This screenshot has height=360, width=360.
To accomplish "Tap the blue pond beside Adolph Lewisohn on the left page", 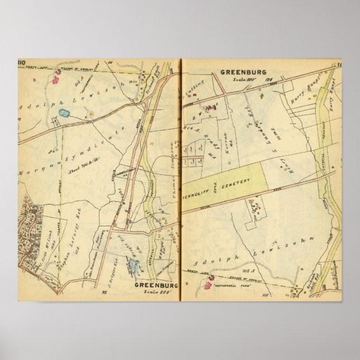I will (64, 113).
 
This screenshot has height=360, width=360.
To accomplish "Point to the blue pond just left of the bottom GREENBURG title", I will (133, 266).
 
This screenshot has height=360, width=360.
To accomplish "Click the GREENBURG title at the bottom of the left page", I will (157, 285).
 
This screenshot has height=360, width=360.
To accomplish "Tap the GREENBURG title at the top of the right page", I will (243, 72).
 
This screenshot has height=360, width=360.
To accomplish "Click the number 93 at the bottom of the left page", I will (104, 292).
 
